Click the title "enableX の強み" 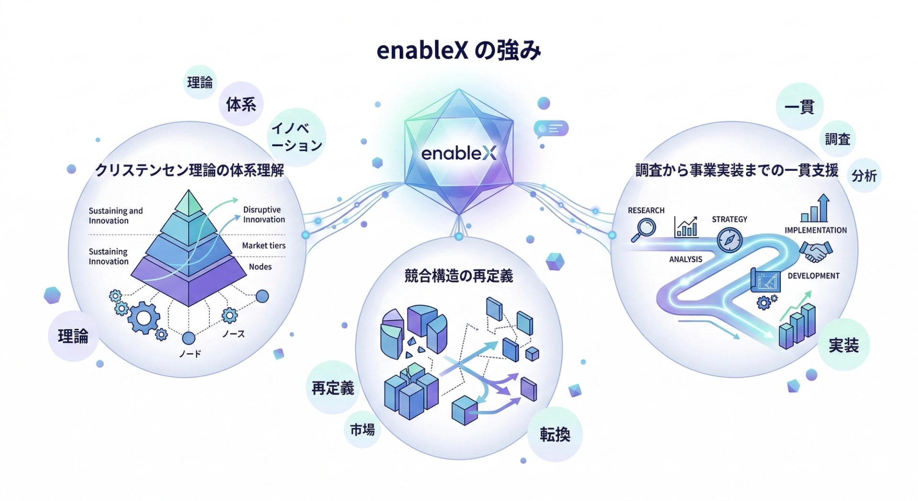pos(459,51)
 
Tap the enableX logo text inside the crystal pos(459,154)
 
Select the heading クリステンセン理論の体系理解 pos(189,170)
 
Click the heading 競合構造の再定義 pos(459,276)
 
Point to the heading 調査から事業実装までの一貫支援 pos(736,171)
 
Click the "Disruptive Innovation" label pos(264,214)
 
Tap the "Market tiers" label pos(263,245)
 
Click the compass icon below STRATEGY pos(730,239)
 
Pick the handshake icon pos(816,251)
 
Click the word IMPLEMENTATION pos(816,230)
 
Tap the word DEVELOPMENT pos(813,276)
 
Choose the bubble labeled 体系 pos(241,104)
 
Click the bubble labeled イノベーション pos(296,137)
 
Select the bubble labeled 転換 pos(555,434)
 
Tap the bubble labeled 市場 pos(362,430)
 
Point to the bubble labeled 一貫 pos(799,106)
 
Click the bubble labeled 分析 pos(864,176)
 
